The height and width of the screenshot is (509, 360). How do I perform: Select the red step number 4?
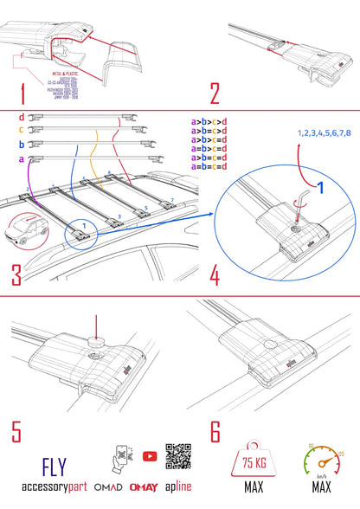point(215,274)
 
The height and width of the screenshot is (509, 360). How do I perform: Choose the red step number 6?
point(215,429)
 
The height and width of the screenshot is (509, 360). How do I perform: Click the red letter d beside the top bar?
point(22,116)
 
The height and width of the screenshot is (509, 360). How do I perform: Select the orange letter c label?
point(22,130)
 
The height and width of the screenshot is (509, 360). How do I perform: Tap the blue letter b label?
point(22,145)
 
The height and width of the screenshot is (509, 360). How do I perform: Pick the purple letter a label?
point(22,159)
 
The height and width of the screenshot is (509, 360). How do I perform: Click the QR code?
point(177,458)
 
